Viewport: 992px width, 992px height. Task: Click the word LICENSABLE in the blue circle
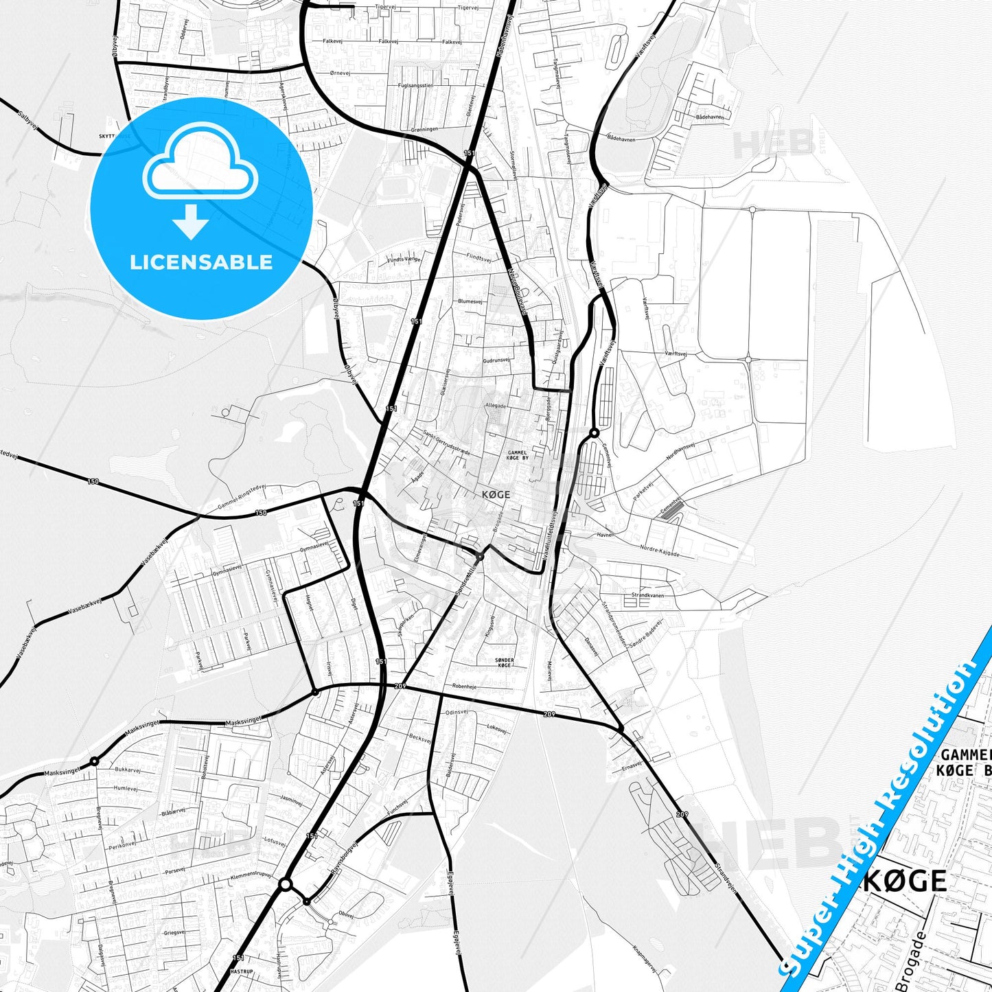pos(201,262)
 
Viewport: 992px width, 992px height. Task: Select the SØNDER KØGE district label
pos(503,662)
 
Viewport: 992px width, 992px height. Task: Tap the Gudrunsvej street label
pos(496,360)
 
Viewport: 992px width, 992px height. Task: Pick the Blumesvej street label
pos(470,301)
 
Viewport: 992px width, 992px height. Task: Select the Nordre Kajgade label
pos(659,551)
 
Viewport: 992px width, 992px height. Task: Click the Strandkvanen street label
pos(647,595)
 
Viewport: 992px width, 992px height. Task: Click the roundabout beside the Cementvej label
pos(594,433)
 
